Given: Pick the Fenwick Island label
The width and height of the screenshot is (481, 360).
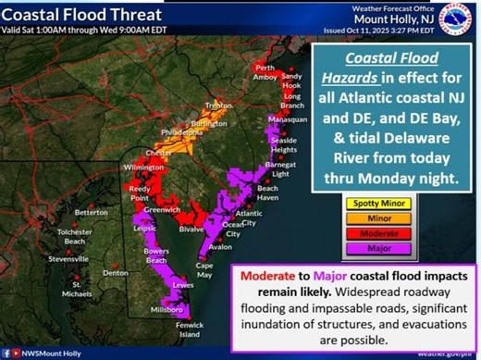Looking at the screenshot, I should tap(183, 328).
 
